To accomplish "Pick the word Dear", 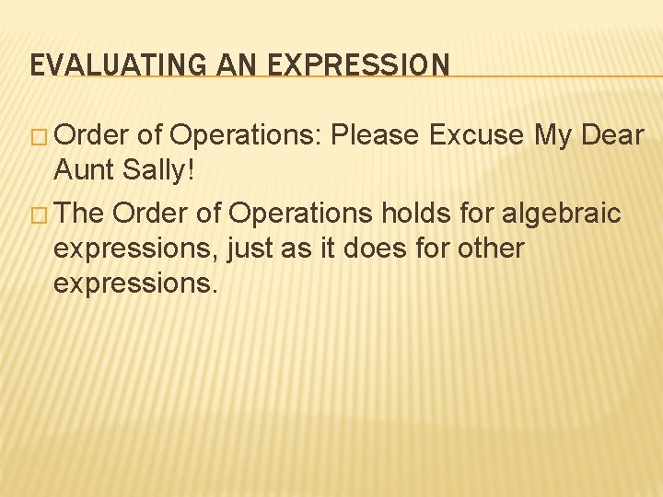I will [614, 135].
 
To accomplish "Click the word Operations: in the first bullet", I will [247, 135].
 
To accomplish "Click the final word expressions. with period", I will [135, 283].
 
